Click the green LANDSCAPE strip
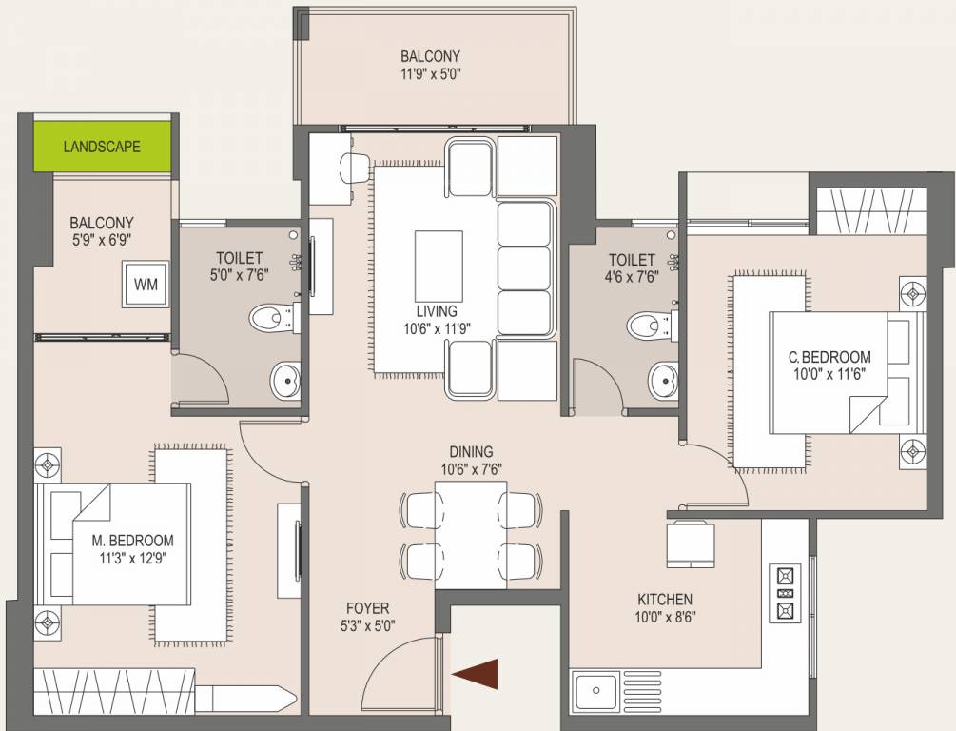pos(103,146)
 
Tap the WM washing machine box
pos(146,284)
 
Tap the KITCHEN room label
pos(665,600)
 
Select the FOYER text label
pos(367,608)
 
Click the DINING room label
pos(472,451)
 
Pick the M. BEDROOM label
pos(133,541)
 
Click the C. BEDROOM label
pos(829,357)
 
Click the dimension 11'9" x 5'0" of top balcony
pos(430,73)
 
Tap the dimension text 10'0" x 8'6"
pos(665,617)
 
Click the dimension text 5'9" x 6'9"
pos(102,241)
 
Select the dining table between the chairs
pos(470,534)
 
